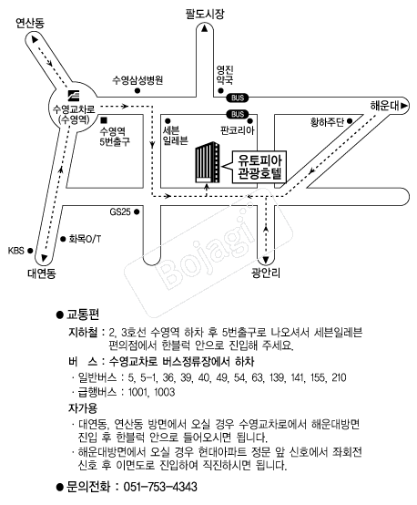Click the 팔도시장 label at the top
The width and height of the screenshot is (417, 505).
tap(205, 15)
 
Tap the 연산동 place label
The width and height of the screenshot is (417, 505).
tap(30, 23)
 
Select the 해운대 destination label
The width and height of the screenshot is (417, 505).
tap(384, 106)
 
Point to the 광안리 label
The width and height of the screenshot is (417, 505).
tap(266, 273)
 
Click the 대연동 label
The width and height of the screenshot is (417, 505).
tap(42, 273)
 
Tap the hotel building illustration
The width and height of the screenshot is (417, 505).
tap(208, 162)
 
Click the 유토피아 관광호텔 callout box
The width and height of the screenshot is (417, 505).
tap(257, 167)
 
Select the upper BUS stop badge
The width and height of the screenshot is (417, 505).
tap(238, 98)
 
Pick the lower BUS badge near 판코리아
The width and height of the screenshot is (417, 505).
tap(238, 114)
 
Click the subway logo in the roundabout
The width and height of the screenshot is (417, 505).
tap(74, 95)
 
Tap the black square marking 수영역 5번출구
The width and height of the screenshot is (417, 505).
tap(104, 120)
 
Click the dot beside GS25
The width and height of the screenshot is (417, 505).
tap(137, 211)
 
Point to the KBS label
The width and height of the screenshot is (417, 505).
tap(16, 251)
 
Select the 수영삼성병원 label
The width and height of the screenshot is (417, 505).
tap(137, 80)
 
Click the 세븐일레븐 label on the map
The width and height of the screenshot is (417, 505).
tap(176, 135)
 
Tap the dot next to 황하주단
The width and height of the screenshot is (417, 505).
tap(350, 121)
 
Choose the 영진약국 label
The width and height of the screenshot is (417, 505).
tap(225, 75)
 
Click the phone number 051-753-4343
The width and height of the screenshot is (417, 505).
tap(160, 487)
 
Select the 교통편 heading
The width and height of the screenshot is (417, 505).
tap(83, 314)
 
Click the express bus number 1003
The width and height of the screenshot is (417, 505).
tap(165, 392)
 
